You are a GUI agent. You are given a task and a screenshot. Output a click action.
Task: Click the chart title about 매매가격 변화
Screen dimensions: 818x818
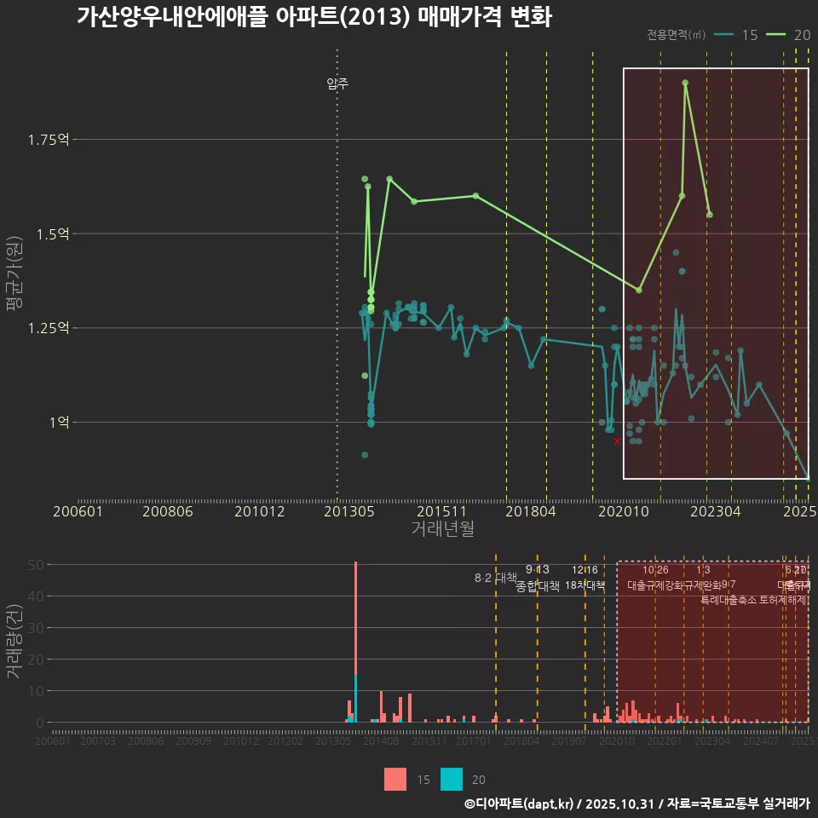(x=314, y=17)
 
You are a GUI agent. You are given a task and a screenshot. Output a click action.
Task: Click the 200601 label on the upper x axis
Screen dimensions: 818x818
(x=78, y=511)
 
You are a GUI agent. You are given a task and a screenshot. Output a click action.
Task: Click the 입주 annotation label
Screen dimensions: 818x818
(x=337, y=84)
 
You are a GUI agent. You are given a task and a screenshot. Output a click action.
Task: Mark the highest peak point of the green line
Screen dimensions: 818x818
(x=685, y=83)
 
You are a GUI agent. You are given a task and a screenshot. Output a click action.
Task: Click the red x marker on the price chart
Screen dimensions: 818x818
(x=617, y=441)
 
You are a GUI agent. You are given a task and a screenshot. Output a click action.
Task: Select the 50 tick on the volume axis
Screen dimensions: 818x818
(x=35, y=564)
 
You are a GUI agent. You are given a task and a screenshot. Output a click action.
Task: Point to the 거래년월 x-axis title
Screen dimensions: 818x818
(x=442, y=528)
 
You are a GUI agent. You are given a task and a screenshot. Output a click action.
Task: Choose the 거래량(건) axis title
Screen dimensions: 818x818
(x=14, y=641)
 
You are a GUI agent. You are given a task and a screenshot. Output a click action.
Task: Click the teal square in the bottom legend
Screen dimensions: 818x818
(x=452, y=779)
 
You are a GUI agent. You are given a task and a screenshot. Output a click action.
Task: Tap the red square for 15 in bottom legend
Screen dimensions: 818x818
(x=395, y=779)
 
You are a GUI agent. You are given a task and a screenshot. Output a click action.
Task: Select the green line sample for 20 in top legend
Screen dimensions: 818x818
(x=776, y=34)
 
